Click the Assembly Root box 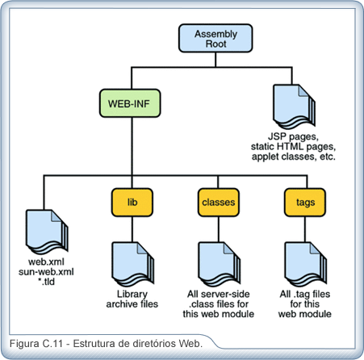click(x=215, y=38)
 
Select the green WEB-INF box click(x=130, y=103)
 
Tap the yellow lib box click(x=132, y=203)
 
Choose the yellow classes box click(x=219, y=203)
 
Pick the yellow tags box click(x=305, y=203)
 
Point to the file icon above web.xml click(x=47, y=232)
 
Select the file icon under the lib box click(x=133, y=264)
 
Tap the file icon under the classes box click(x=220, y=264)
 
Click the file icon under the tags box click(x=306, y=264)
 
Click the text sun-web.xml click(x=46, y=272)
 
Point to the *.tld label click(x=46, y=282)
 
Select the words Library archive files click(x=132, y=299)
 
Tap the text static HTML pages click(x=293, y=147)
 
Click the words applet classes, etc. click(x=294, y=157)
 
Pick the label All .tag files click(x=305, y=294)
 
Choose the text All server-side click(x=219, y=294)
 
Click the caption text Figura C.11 click(x=36, y=344)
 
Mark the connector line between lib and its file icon click(x=132, y=229)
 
